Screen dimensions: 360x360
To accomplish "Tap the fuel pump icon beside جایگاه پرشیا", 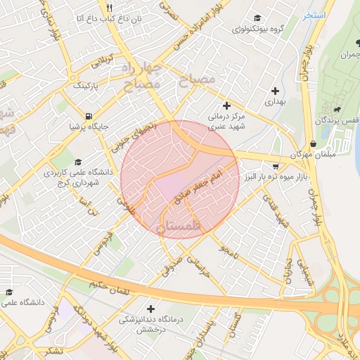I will [87, 117].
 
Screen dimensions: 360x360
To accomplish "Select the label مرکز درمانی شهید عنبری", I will [226, 120].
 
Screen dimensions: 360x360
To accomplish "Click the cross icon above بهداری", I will [275, 91].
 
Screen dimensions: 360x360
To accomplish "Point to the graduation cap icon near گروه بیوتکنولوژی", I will [257, 18].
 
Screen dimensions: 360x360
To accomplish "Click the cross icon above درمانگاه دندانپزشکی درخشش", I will [150, 308].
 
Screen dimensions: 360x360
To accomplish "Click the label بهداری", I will [276, 102].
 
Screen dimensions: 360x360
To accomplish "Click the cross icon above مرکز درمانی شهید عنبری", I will [226, 105].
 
